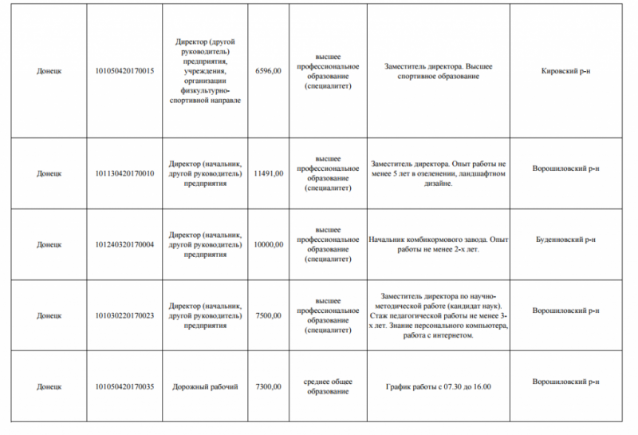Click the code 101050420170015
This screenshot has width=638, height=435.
point(124,71)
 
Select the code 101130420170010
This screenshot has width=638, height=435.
point(124,173)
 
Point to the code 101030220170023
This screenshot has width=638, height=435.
point(124,315)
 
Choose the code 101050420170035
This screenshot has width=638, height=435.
point(124,386)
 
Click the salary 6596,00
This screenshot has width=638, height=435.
point(268,71)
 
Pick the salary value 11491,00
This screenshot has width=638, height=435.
point(268,173)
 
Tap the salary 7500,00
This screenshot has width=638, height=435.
point(268,315)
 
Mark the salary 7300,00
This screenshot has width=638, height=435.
point(268,386)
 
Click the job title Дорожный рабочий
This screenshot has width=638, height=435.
point(205,386)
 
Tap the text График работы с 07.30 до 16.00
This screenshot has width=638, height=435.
point(438,386)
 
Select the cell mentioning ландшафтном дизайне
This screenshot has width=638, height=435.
point(438,173)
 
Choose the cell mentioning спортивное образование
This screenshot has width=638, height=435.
point(438,71)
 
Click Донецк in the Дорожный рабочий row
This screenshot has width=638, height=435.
point(49,386)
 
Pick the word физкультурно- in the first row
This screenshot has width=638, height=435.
point(205,91)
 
